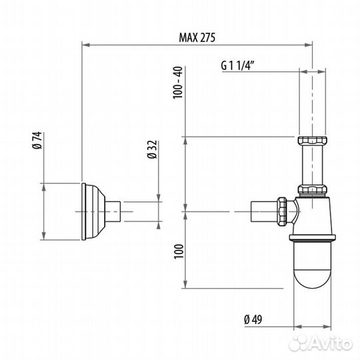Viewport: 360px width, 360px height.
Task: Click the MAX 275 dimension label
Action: [x=197, y=37]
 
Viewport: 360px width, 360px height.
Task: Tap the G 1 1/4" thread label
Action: [x=237, y=65]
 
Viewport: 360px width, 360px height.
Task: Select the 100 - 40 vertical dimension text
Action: [x=178, y=83]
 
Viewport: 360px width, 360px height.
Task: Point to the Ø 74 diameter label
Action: [x=37, y=140]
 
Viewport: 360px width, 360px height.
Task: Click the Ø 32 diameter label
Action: [x=152, y=149]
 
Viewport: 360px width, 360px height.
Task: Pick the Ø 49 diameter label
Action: [x=253, y=319]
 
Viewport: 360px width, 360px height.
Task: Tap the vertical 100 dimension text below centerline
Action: [x=179, y=251]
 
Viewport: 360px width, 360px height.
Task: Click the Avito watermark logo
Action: [x=321, y=344]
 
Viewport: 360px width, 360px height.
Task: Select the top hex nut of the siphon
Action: [x=312, y=140]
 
